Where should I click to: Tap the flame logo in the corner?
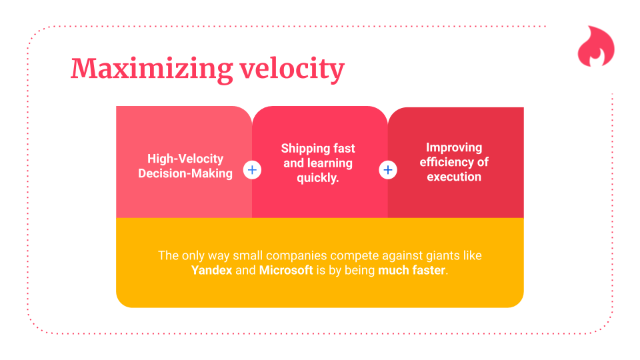tap(595, 47)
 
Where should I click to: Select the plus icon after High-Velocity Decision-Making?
tap(252, 170)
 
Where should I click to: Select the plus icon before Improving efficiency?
tap(388, 170)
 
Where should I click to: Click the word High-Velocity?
tap(185, 159)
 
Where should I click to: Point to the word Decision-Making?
tap(185, 173)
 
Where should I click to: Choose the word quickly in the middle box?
tap(317, 178)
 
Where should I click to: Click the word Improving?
tap(454, 147)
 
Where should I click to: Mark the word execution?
tap(454, 177)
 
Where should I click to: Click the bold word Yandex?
tap(211, 270)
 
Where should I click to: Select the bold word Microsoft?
tap(286, 270)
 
